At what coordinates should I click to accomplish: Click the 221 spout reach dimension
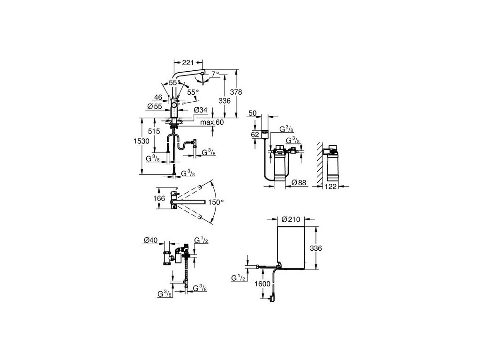coord(188,61)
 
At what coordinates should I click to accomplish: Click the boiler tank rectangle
coord(290,247)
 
